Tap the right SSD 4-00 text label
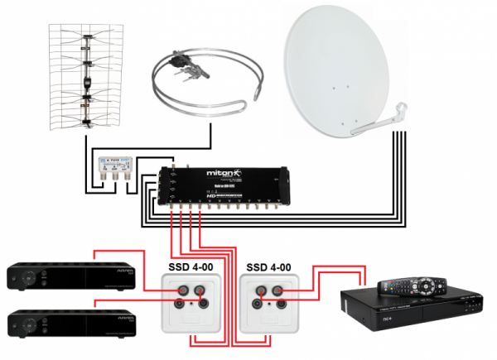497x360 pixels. tap(268, 267)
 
